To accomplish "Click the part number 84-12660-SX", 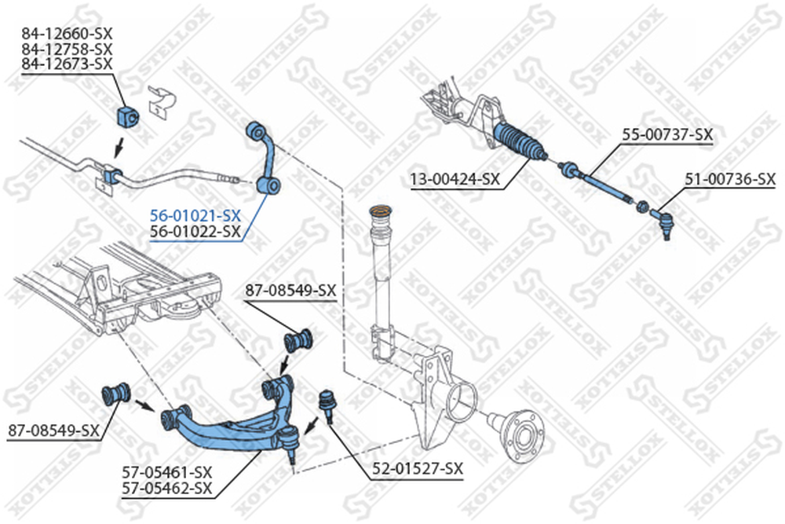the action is (x=67, y=34).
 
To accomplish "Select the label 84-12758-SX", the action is (x=67, y=49).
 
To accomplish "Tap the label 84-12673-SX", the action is (x=67, y=64).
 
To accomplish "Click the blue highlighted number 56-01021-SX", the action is (x=195, y=216).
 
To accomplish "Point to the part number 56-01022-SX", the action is (x=195, y=232).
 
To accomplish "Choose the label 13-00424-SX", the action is (x=455, y=179).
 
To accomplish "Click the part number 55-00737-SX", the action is (x=667, y=134).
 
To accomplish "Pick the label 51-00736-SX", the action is (x=730, y=179).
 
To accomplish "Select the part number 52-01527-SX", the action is (x=418, y=469).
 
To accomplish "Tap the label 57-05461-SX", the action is (x=167, y=472).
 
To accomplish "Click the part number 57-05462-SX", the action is (x=167, y=487).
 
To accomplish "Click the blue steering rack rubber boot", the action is (x=520, y=141).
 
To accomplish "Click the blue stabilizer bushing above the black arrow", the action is (x=128, y=117).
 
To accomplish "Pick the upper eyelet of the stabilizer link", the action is (x=257, y=132).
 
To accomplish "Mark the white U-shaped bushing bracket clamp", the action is (x=162, y=101).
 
